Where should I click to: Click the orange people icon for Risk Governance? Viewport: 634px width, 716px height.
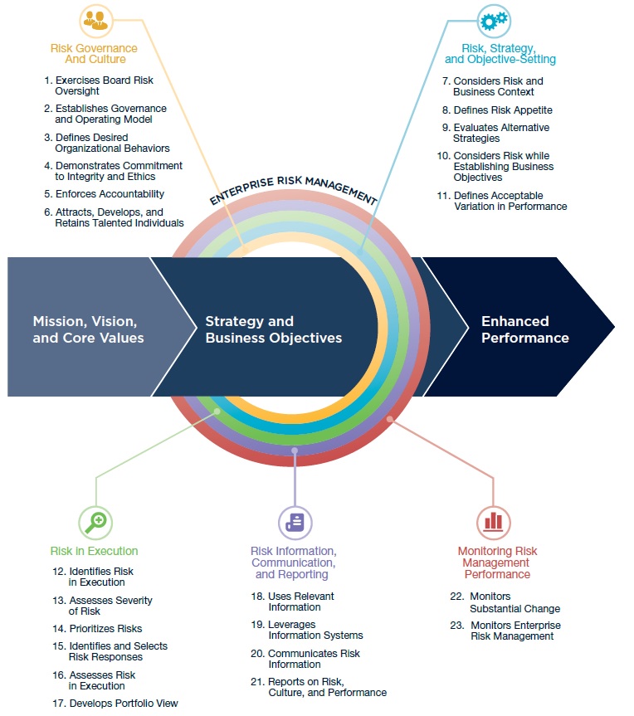[96, 18]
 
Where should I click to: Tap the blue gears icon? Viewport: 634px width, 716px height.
[493, 19]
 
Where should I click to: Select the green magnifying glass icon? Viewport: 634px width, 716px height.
[95, 521]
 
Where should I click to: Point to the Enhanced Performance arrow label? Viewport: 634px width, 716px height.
[525, 329]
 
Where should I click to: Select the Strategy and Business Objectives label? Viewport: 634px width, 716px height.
[273, 329]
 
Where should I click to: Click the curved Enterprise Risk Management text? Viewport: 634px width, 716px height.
[294, 188]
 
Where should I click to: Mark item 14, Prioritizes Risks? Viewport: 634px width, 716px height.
[105, 628]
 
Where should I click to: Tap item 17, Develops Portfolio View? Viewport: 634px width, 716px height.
[123, 703]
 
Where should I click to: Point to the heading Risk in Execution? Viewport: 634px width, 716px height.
[94, 551]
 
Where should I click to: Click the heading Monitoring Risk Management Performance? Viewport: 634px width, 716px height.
[497, 563]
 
